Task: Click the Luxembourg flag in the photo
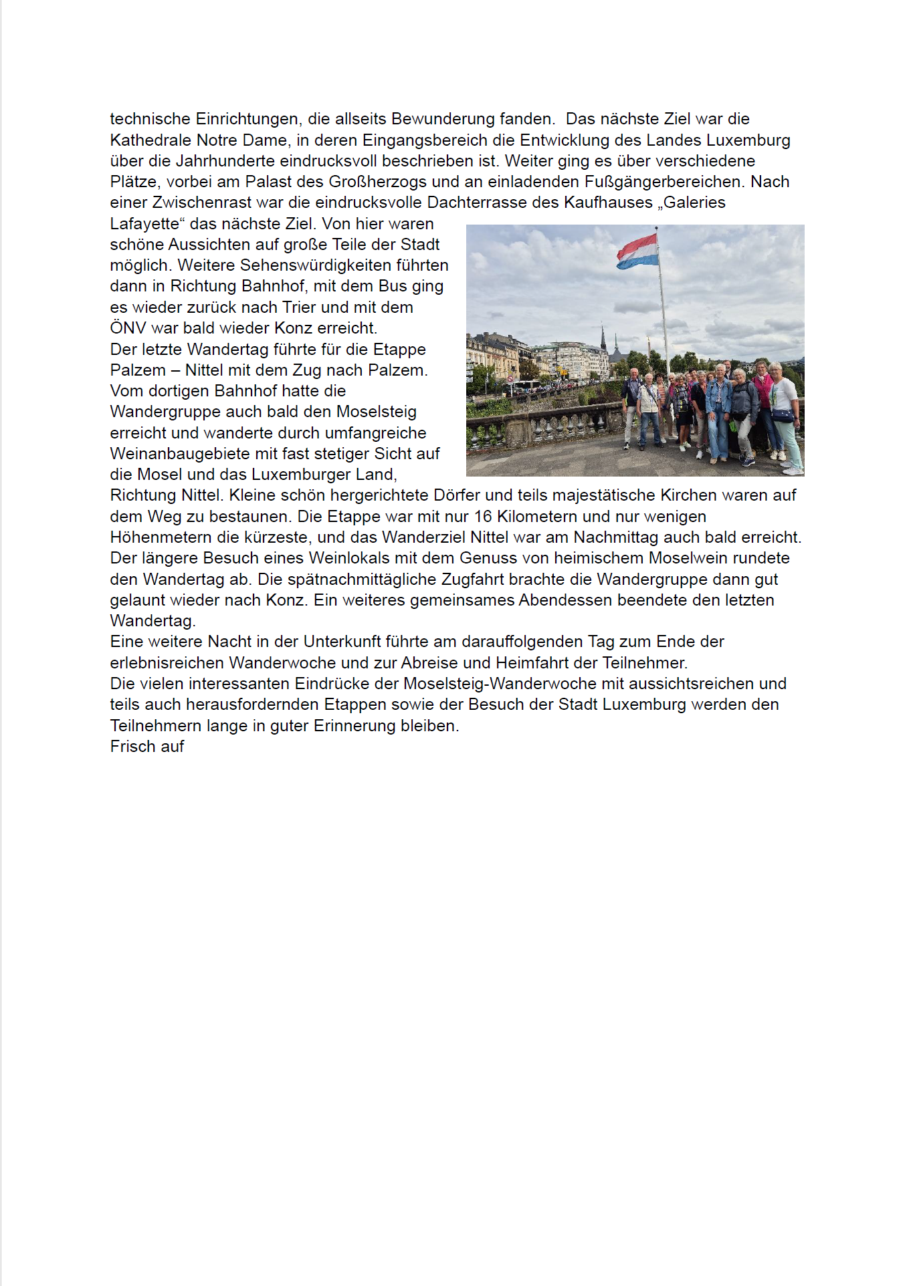click(x=637, y=251)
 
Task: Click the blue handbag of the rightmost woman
click(x=783, y=415)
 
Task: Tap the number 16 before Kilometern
click(x=483, y=517)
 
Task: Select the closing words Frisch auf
click(x=147, y=747)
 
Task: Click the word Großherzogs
click(x=371, y=182)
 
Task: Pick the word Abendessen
click(x=566, y=600)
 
